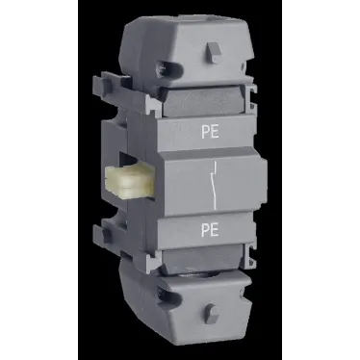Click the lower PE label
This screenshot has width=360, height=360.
[208, 228]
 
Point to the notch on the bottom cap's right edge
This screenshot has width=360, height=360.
[244, 285]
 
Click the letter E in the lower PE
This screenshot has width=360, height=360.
[213, 228]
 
